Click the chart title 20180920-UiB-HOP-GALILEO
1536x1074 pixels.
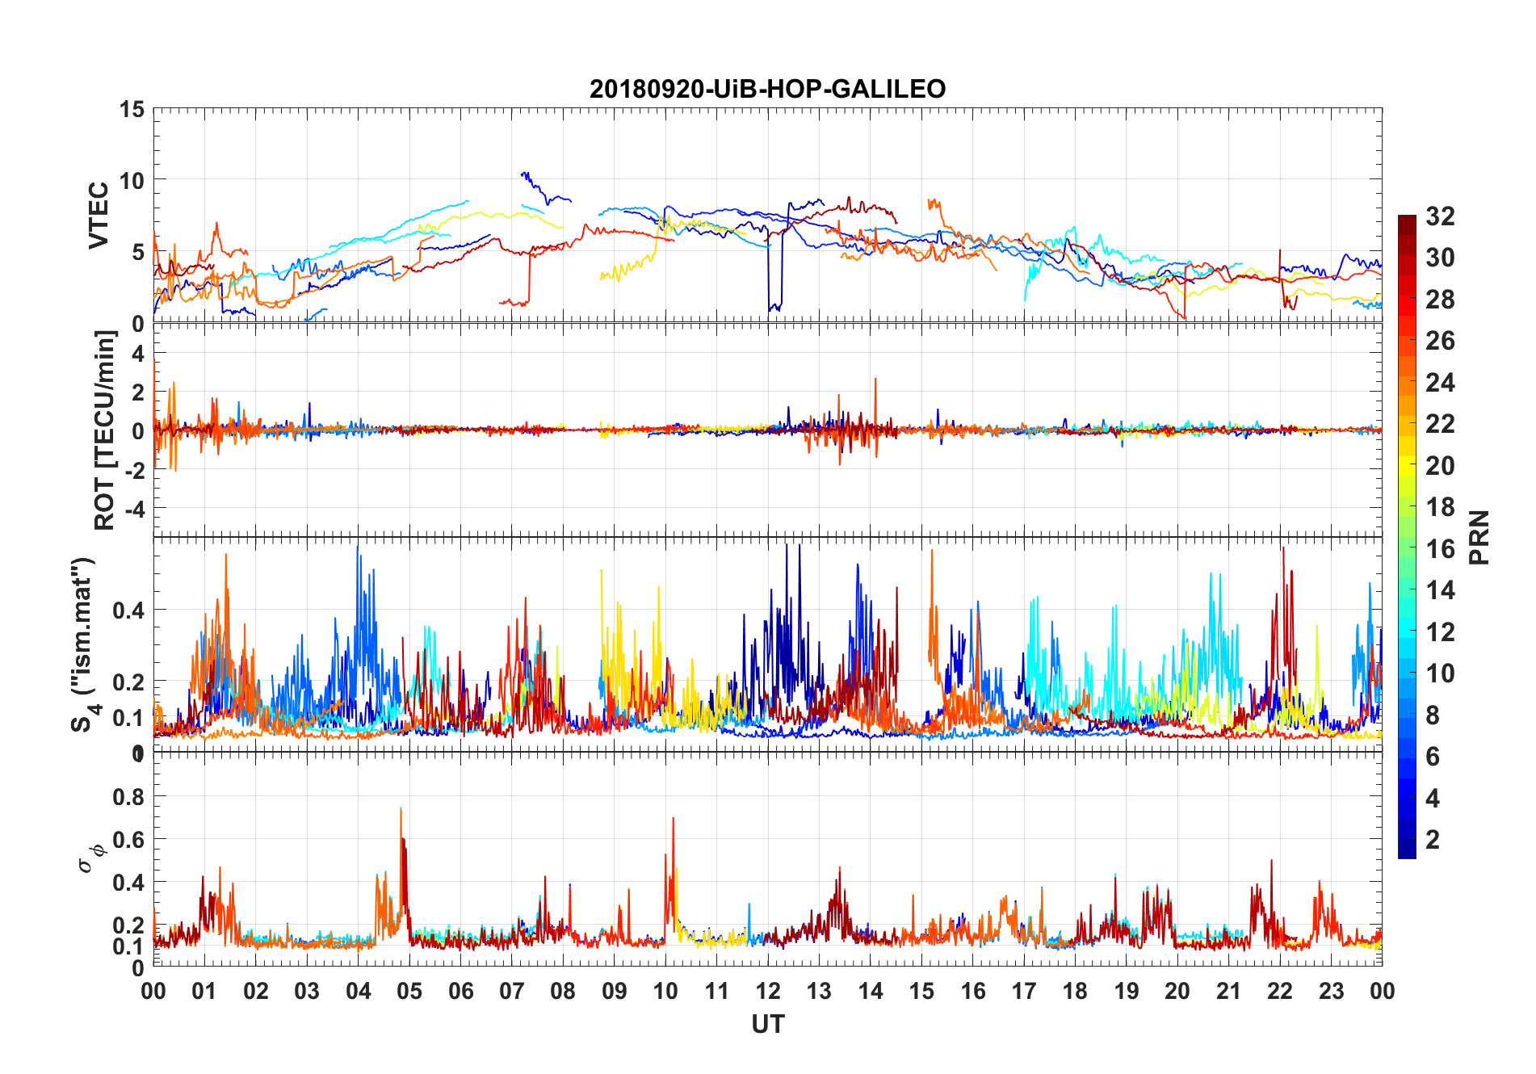(x=767, y=89)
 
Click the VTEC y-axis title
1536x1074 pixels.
(x=99, y=216)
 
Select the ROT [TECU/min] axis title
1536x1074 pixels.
(x=105, y=430)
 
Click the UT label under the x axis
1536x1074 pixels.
(x=767, y=1025)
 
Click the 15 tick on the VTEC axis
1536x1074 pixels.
(x=132, y=109)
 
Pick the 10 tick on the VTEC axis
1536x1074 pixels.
(x=132, y=180)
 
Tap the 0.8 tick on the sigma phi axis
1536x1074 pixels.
(x=128, y=796)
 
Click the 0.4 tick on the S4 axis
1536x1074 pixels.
(x=128, y=610)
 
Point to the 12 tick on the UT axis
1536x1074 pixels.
(x=768, y=991)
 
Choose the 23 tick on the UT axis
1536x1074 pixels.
(x=1331, y=991)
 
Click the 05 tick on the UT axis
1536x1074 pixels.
(x=409, y=991)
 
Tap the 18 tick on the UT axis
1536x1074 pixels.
(x=1075, y=991)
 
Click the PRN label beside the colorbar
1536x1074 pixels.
(x=1479, y=537)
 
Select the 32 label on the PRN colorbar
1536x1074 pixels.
(x=1440, y=216)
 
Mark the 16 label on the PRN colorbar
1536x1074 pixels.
(x=1440, y=549)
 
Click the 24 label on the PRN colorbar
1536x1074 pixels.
(x=1440, y=383)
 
